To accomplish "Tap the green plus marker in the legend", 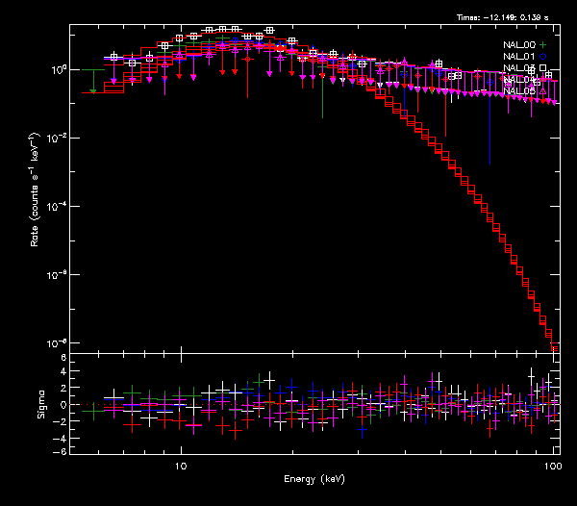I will click(542, 45).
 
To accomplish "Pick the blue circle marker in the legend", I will click(542, 57).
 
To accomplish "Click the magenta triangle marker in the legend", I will click(542, 91).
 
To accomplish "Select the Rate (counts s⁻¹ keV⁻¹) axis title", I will click(35, 188).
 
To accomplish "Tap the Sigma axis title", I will click(40, 403).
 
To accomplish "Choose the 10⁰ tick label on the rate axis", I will click(57, 70).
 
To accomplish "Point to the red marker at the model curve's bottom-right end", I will click(555, 347).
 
